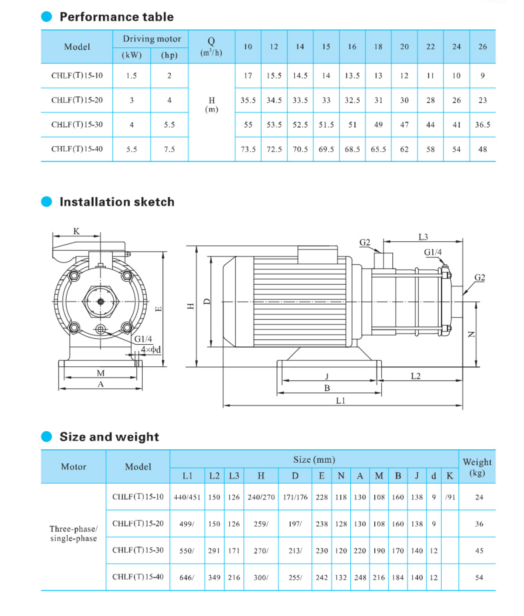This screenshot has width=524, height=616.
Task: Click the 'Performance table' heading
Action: coord(116,17)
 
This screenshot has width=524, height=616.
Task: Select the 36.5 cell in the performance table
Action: coord(482,125)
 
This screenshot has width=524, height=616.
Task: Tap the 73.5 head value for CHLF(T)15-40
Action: coord(248,150)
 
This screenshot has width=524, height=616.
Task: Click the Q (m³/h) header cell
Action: coord(211,47)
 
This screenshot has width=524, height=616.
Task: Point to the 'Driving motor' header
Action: coord(152,39)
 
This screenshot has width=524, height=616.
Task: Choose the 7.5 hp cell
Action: coord(169,150)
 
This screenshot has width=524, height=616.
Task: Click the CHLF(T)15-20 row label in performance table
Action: coord(77,100)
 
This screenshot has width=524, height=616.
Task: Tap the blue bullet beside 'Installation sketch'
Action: coord(46,202)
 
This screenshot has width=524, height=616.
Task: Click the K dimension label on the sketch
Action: coord(76,231)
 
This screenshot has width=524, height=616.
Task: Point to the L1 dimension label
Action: coord(341,401)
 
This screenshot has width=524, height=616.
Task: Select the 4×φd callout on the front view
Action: coord(151,350)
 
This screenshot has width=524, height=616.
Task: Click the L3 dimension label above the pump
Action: coord(423,237)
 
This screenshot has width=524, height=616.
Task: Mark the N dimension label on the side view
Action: coord(472,335)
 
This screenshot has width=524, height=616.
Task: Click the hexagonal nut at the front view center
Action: coord(100,302)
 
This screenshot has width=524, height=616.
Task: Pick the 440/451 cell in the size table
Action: coord(187,498)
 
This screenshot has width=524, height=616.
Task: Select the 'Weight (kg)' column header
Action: coord(477,467)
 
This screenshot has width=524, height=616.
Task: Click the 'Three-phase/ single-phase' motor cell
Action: coord(73,534)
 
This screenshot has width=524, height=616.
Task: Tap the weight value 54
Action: coord(479,578)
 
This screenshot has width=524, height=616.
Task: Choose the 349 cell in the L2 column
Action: coord(214,578)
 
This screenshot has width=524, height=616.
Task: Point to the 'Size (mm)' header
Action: coord(314,460)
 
